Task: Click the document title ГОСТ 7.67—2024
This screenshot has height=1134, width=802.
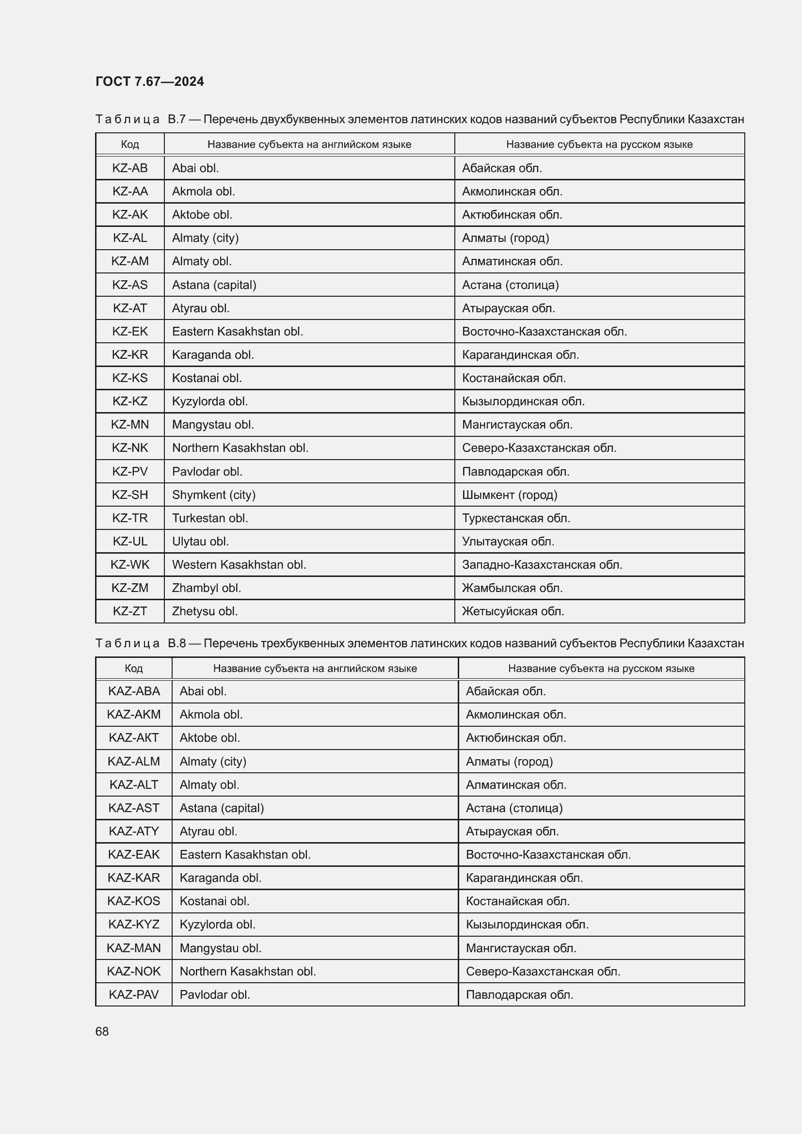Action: click(149, 81)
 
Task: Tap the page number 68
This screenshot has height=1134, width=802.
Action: click(102, 1031)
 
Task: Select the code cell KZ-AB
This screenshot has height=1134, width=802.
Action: click(130, 168)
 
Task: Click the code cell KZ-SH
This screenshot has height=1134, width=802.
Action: click(130, 495)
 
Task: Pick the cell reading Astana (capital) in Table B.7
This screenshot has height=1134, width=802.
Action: click(214, 285)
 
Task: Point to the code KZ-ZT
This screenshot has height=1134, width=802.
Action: click(130, 611)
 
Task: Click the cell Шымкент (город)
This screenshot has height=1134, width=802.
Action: click(509, 495)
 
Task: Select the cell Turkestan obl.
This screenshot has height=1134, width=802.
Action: click(210, 518)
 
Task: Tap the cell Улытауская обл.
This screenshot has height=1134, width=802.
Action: click(508, 542)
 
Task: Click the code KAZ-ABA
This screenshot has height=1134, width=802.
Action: click(134, 691)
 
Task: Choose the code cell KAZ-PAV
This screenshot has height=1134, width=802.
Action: click(134, 994)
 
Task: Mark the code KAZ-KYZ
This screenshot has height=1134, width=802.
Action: click(134, 924)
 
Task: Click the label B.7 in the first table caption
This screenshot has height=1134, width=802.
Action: click(176, 120)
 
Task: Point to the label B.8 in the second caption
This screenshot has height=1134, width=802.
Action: click(176, 643)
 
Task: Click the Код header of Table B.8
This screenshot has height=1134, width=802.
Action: click(134, 668)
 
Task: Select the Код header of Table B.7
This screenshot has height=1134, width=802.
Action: click(130, 144)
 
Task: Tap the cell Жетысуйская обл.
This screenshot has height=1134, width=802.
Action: click(513, 611)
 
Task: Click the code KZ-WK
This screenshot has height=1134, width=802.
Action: click(130, 564)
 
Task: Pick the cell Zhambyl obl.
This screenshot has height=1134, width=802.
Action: click(206, 588)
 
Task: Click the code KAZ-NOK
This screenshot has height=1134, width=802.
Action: click(134, 971)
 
